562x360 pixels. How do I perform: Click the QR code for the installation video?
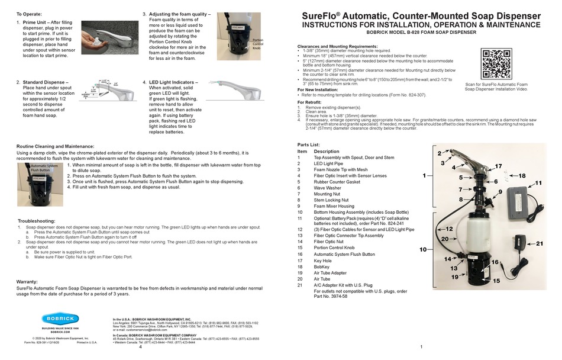pos(497,63)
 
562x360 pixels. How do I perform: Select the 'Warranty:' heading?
pos(28,282)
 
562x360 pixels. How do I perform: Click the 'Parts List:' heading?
pos(309,144)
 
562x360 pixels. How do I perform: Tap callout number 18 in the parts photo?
pos(522,176)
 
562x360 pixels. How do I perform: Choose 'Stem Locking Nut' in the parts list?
pos(332,200)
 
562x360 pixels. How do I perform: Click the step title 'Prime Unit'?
pos(37,22)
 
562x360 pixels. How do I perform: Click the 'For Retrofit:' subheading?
pos(310,102)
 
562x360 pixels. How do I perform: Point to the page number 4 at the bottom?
pos(140,347)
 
